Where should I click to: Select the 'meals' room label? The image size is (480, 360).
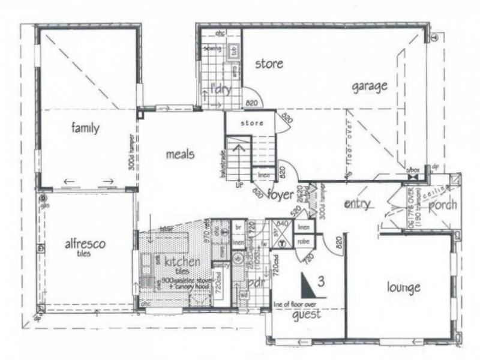180,154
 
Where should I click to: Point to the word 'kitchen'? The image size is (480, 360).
169,262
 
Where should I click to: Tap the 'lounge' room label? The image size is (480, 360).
403,287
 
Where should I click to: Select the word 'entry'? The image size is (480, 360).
358,204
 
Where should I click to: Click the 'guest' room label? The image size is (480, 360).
306,314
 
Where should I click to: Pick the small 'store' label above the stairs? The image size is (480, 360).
253,123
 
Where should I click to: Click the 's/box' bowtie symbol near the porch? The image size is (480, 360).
412,176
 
